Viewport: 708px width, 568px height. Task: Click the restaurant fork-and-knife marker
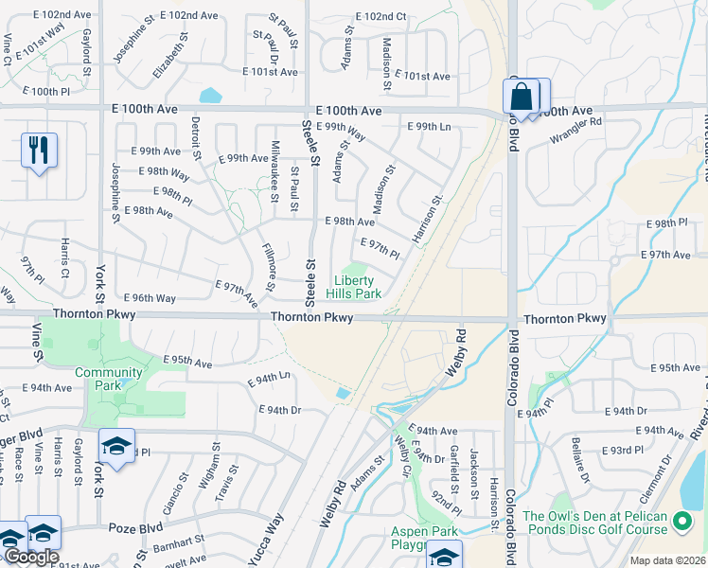(39, 151)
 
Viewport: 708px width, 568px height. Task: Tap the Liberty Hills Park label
(357, 287)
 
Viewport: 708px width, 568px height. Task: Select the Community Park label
(109, 378)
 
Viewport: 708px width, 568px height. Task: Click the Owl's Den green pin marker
(681, 522)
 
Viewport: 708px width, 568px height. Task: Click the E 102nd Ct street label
(381, 17)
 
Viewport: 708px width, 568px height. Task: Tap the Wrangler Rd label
(577, 123)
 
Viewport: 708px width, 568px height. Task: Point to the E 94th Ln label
(269, 380)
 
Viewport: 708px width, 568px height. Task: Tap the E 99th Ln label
(429, 127)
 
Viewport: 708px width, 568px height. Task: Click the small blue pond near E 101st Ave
(209, 96)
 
